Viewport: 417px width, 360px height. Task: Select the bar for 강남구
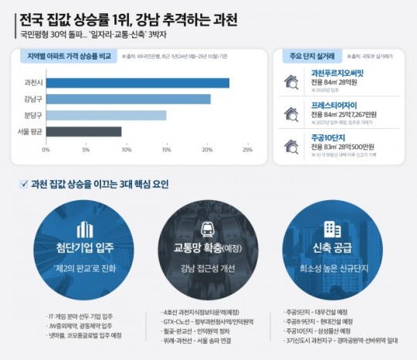[128, 99]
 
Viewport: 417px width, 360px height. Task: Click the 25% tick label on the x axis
[248, 150]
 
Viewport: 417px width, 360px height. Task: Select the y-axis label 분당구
[33, 115]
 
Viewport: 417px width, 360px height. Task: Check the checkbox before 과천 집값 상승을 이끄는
[25, 185]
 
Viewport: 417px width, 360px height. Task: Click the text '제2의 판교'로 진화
[85, 269]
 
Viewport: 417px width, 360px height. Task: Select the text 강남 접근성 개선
[208, 269]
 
